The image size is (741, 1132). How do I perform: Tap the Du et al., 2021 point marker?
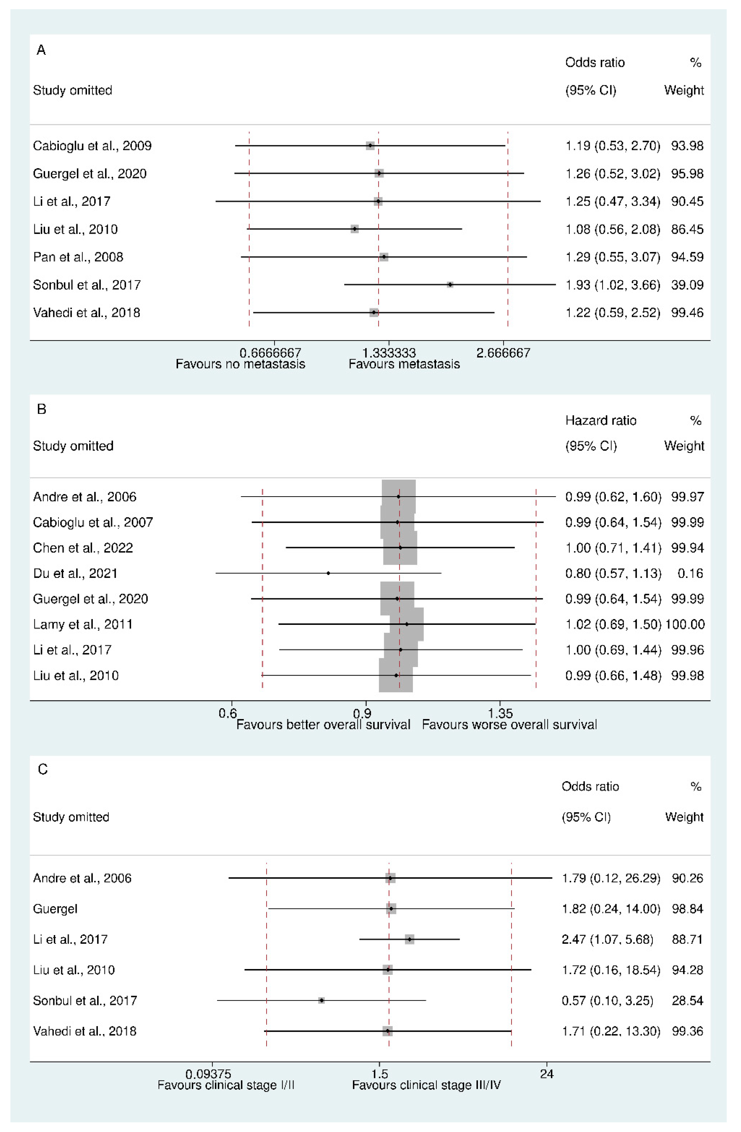point(328,573)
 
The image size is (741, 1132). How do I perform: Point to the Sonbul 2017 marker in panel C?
point(321,1000)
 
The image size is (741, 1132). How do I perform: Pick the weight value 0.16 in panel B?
point(690,573)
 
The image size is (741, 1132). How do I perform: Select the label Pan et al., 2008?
point(78,257)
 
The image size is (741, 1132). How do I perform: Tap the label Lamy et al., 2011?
point(83,624)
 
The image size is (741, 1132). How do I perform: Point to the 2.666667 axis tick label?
point(503,353)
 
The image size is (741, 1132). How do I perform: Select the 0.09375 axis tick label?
point(208,1074)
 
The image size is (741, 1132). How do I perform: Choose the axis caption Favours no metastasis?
point(240,364)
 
